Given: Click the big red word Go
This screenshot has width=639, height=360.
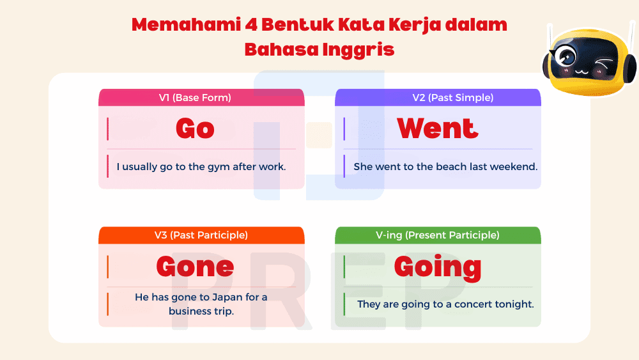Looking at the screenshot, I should click(195, 129).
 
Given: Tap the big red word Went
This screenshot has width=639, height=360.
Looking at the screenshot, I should click(438, 129).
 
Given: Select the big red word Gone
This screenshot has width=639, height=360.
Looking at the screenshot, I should click(195, 267).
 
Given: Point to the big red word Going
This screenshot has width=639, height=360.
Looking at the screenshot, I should click(438, 267).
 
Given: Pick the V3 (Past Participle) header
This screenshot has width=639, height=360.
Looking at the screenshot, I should click(201, 235).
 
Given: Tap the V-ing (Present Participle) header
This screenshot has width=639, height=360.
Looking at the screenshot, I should click(438, 235).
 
